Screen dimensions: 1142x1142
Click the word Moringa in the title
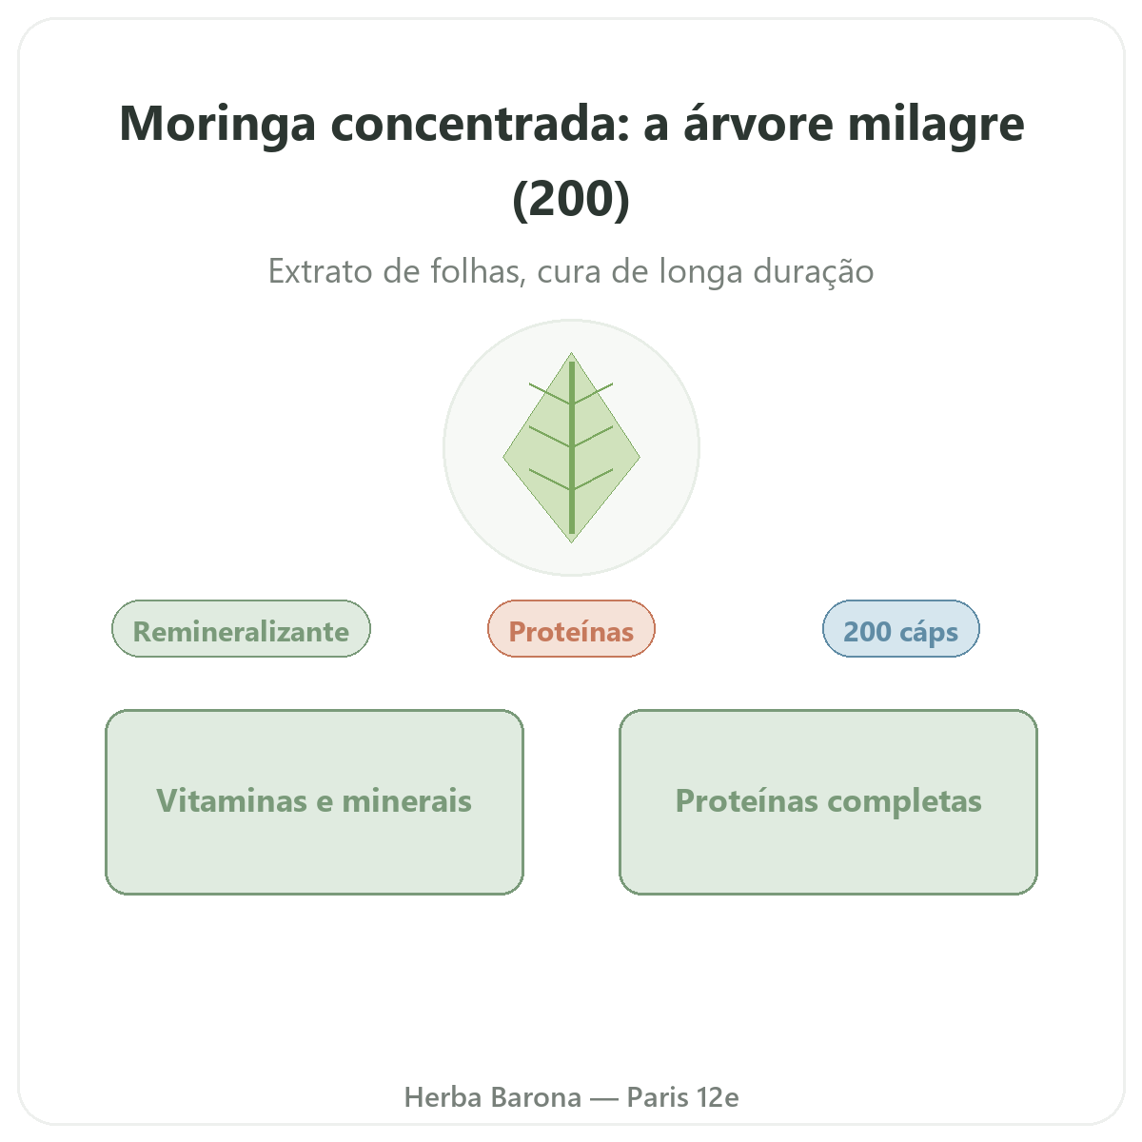point(217,125)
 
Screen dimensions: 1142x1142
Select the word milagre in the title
point(935,125)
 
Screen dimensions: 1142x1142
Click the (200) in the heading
point(571,199)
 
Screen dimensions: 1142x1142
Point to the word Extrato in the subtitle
point(320,271)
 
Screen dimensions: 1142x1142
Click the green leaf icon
point(571,447)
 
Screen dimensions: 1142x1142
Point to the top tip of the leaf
point(571,353)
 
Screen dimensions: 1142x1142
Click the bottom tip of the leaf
point(571,542)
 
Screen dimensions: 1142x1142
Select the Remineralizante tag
point(241,629)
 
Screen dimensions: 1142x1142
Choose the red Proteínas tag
point(571,629)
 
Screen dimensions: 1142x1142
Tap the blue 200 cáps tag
point(901,629)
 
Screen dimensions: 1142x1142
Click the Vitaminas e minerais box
point(314,802)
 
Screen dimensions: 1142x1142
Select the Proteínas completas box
point(829,802)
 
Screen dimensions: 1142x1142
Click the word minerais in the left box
point(406,801)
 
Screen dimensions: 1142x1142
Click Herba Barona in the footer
point(492,1097)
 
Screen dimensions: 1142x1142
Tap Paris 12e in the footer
point(682,1097)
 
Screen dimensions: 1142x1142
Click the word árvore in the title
point(758,124)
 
